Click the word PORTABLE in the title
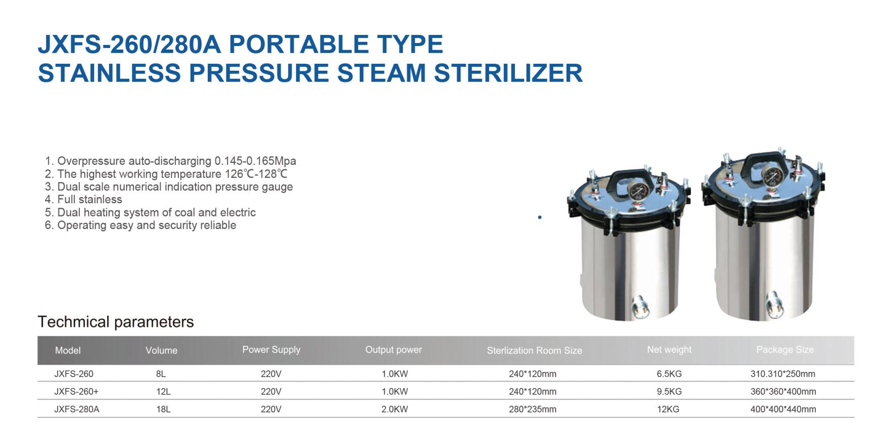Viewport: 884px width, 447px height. pos(299,44)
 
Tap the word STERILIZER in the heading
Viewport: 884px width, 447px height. pos(508,73)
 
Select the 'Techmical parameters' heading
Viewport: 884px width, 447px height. pos(116,322)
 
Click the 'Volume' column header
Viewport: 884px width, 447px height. pos(161,350)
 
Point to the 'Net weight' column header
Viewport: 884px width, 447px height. pos(669,349)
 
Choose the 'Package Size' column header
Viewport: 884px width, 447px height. pos(785,349)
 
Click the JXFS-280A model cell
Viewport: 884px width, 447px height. pos(77,409)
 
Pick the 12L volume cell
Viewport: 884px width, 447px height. pos(163,391)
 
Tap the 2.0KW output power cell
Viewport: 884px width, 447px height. pos(395,409)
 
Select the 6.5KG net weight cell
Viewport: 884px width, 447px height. pos(669,374)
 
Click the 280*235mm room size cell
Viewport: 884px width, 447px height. pos(533,409)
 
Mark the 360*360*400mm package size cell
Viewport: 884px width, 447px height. pos(783,391)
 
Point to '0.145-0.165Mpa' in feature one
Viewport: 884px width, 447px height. pos(255,161)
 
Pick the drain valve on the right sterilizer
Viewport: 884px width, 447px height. pos(774,303)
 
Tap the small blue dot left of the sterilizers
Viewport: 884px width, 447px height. pos(540,217)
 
